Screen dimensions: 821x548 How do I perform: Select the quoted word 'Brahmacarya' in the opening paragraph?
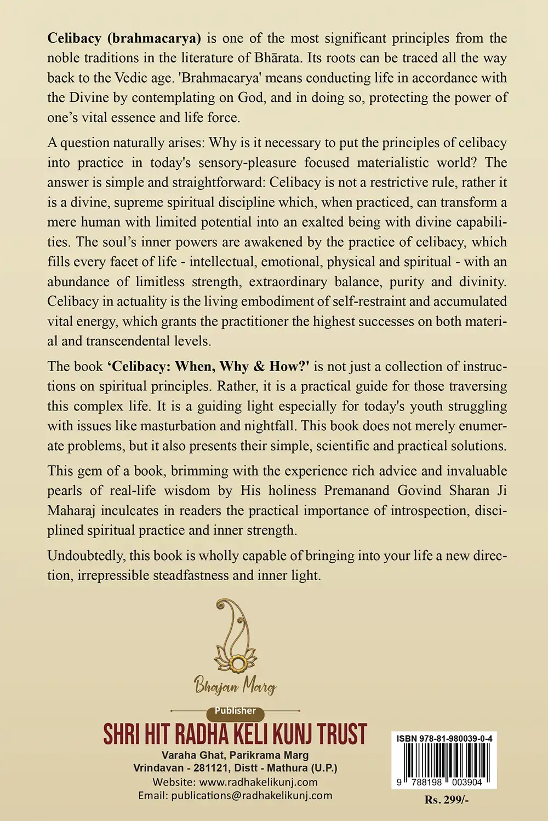pyautogui.click(x=220, y=78)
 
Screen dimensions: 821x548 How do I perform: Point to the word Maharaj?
pyautogui.click(x=70, y=510)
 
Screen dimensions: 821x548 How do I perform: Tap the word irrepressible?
pyautogui.click(x=120, y=575)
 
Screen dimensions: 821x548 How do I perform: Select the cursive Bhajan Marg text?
pyautogui.click(x=235, y=685)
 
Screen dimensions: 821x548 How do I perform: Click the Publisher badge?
pyautogui.click(x=235, y=710)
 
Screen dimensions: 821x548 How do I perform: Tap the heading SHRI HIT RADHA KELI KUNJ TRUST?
pyautogui.click(x=235, y=734)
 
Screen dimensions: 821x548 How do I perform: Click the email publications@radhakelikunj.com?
pyautogui.click(x=252, y=796)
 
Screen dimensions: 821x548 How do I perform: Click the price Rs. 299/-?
pyautogui.click(x=447, y=800)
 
